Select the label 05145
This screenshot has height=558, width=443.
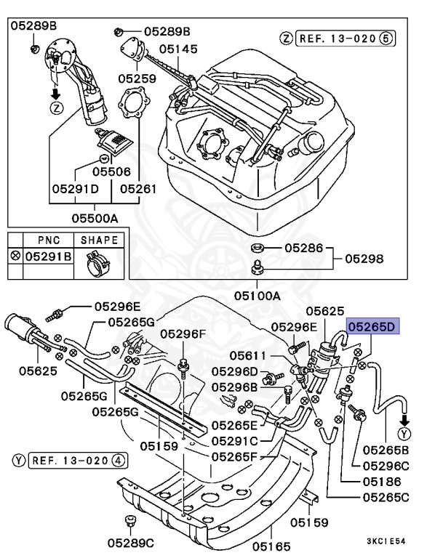[x=178, y=49]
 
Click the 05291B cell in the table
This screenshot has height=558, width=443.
[x=47, y=256]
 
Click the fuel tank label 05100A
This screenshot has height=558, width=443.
[x=257, y=296]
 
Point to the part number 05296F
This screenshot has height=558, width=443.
[x=183, y=334]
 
